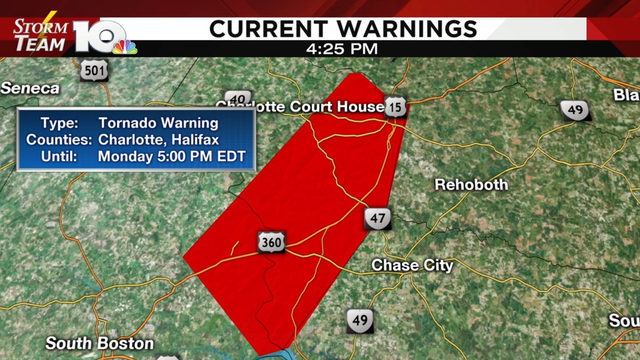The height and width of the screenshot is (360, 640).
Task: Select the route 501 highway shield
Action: click(x=94, y=70)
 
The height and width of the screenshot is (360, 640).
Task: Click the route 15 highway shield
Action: click(x=397, y=106)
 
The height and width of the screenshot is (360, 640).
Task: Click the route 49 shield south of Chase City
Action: click(x=360, y=320)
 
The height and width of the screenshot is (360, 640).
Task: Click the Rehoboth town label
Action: click(x=471, y=185)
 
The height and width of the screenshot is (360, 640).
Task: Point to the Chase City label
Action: click(x=412, y=266)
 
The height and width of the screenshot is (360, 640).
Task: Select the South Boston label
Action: click(x=99, y=344)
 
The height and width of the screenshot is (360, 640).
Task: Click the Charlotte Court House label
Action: click(x=305, y=106)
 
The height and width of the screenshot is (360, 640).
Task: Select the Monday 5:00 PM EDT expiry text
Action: click(x=172, y=157)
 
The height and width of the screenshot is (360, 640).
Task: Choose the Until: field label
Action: click(x=70, y=157)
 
